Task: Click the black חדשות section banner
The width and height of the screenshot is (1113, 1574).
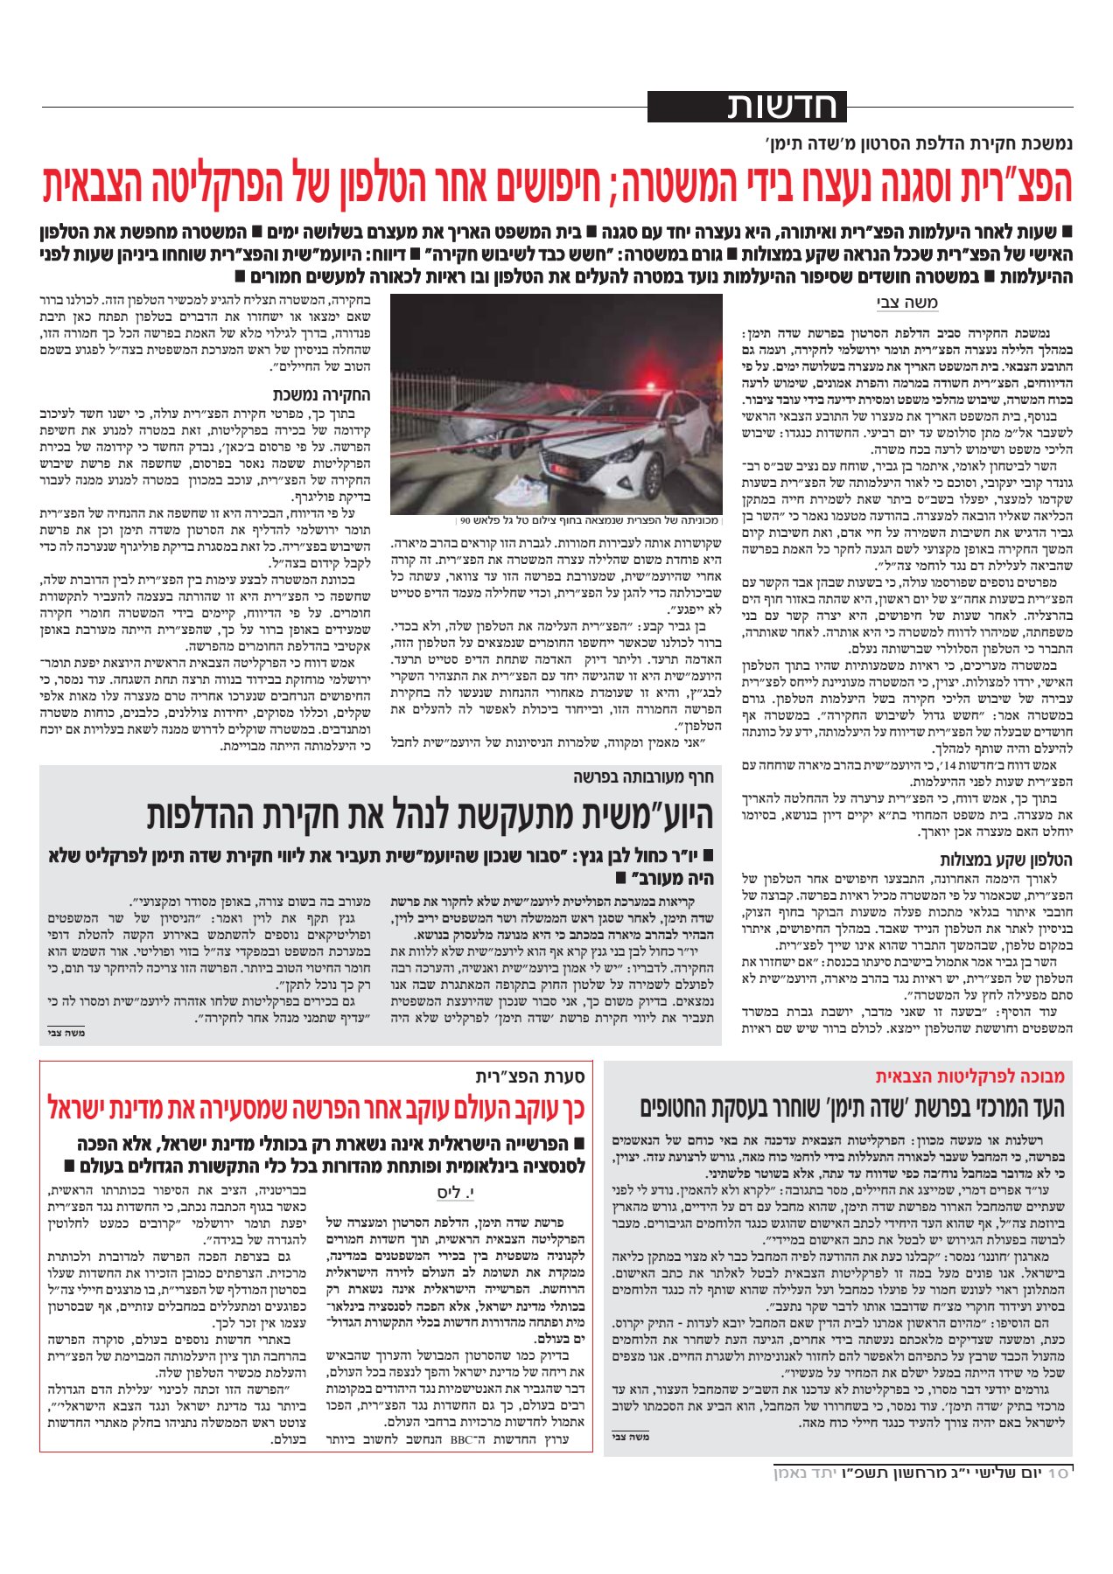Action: (747, 107)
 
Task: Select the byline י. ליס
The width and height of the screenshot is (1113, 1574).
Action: (456, 1192)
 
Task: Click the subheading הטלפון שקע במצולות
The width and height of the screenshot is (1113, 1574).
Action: (1006, 860)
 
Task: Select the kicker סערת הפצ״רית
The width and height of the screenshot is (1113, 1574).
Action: (535, 1076)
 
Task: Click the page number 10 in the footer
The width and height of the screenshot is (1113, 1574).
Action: (1059, 1473)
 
